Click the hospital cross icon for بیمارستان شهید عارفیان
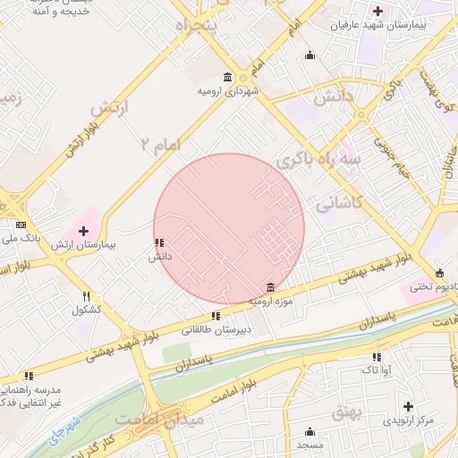pyautogui.click(x=378, y=12)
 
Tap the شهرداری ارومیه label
pyautogui.click(x=228, y=90)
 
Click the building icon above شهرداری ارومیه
pyautogui.click(x=229, y=77)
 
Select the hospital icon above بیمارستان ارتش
pyautogui.click(x=84, y=231)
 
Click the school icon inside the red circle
pyautogui.click(x=159, y=242)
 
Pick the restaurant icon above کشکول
pyautogui.click(x=87, y=296)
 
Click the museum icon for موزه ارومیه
pyautogui.click(x=270, y=287)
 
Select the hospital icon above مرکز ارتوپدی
pyautogui.click(x=409, y=406)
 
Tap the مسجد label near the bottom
pyautogui.click(x=310, y=445)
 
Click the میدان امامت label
pyautogui.click(x=173, y=419)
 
